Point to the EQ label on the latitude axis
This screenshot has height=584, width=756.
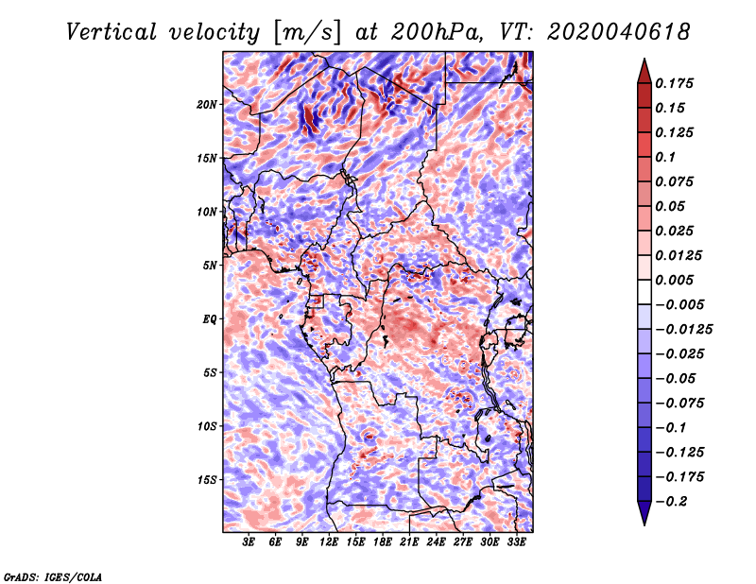click(x=211, y=319)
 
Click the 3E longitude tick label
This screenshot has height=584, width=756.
click(x=249, y=543)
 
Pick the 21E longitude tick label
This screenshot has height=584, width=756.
click(x=410, y=543)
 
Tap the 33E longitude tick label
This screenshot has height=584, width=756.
click(x=517, y=543)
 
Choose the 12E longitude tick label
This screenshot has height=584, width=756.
click(x=330, y=543)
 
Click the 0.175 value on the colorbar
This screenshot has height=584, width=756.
click(x=676, y=83)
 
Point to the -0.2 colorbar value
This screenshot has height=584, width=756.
click(x=673, y=501)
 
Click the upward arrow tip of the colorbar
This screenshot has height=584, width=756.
click(x=644, y=60)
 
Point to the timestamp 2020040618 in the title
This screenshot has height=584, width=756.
click(x=606, y=31)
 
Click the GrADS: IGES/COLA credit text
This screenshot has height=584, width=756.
click(x=52, y=575)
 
